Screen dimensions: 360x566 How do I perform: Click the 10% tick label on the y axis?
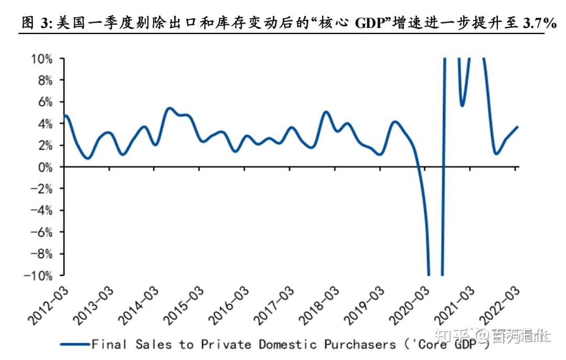tap(40, 59)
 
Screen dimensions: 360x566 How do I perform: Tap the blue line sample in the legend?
tap(74, 344)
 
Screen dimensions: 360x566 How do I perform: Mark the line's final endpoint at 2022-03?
tap(518, 127)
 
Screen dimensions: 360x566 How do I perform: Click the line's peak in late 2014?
tap(169, 108)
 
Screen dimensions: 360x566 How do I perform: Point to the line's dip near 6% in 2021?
tap(462, 105)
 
